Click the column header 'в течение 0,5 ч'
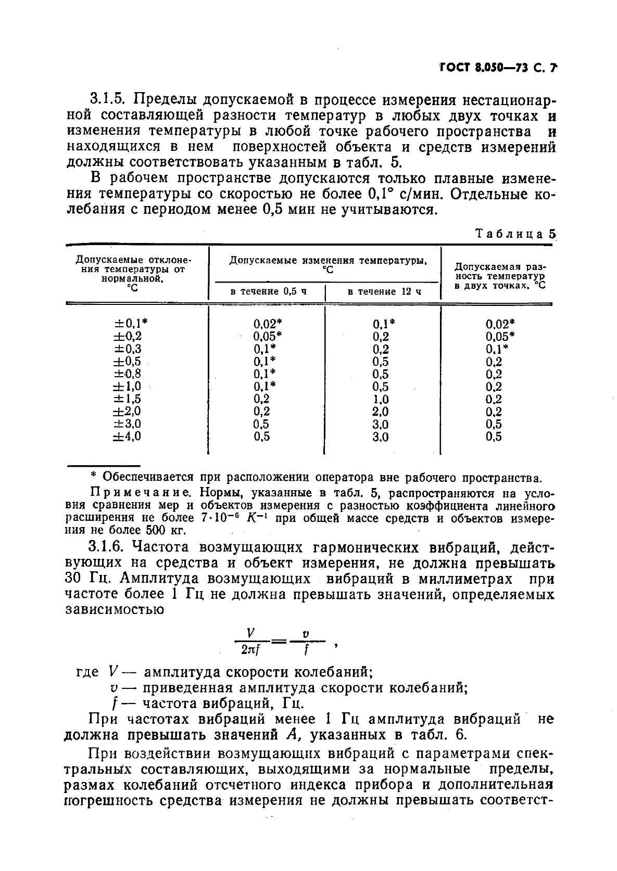(268, 291)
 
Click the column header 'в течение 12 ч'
(384, 291)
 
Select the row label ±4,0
(127, 436)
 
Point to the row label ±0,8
(127, 374)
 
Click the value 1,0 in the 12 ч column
(381, 399)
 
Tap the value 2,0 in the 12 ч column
(381, 412)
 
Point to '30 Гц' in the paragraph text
(83, 579)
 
